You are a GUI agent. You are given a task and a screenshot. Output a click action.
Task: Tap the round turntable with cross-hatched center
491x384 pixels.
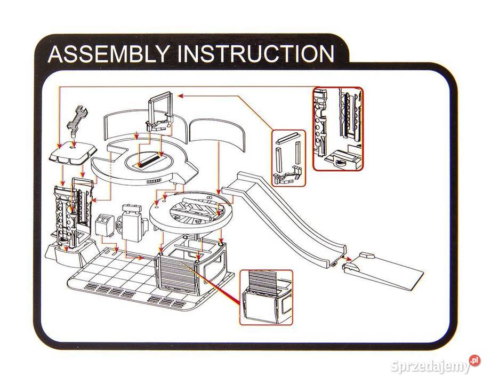coord(192,212)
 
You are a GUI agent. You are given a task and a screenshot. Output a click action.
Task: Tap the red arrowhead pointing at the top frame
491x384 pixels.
coord(180,96)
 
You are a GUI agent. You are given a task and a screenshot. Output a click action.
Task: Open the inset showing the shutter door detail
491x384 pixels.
coord(265,297)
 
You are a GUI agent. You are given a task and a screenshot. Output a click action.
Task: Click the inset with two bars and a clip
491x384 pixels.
coord(288,157)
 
